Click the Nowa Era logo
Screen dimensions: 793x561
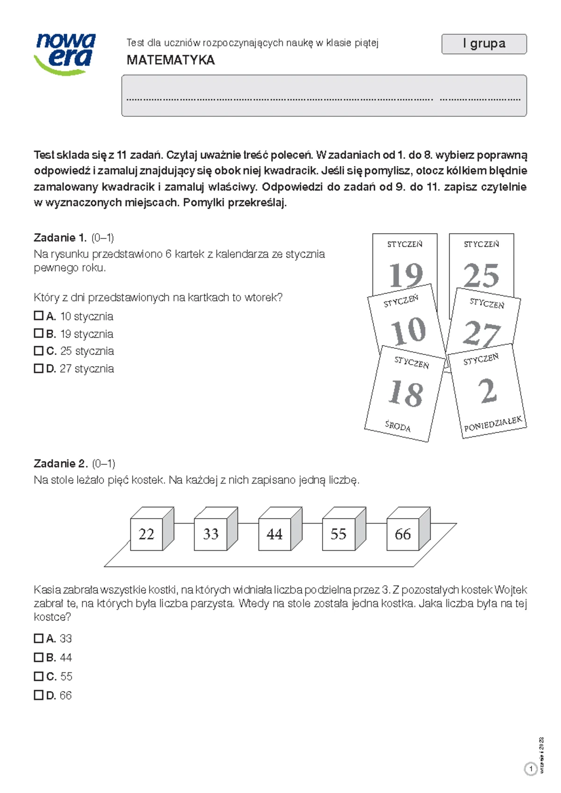65,54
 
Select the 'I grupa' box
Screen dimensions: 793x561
484,44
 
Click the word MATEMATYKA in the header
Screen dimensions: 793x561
171,60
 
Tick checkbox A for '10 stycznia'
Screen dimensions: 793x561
39,316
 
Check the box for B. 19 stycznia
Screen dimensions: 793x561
39,333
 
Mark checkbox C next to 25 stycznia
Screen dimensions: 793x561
39,351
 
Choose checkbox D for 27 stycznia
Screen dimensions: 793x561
39,368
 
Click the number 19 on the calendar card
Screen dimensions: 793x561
405,275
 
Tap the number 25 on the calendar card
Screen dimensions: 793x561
481,275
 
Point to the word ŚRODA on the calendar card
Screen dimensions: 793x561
397,426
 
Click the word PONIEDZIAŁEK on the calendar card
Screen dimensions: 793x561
492,424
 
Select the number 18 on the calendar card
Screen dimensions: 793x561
405,393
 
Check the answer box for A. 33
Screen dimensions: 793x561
39,638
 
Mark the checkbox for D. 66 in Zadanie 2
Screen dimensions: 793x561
39,695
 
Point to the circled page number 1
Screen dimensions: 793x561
531,769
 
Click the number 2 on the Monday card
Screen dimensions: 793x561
488,390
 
